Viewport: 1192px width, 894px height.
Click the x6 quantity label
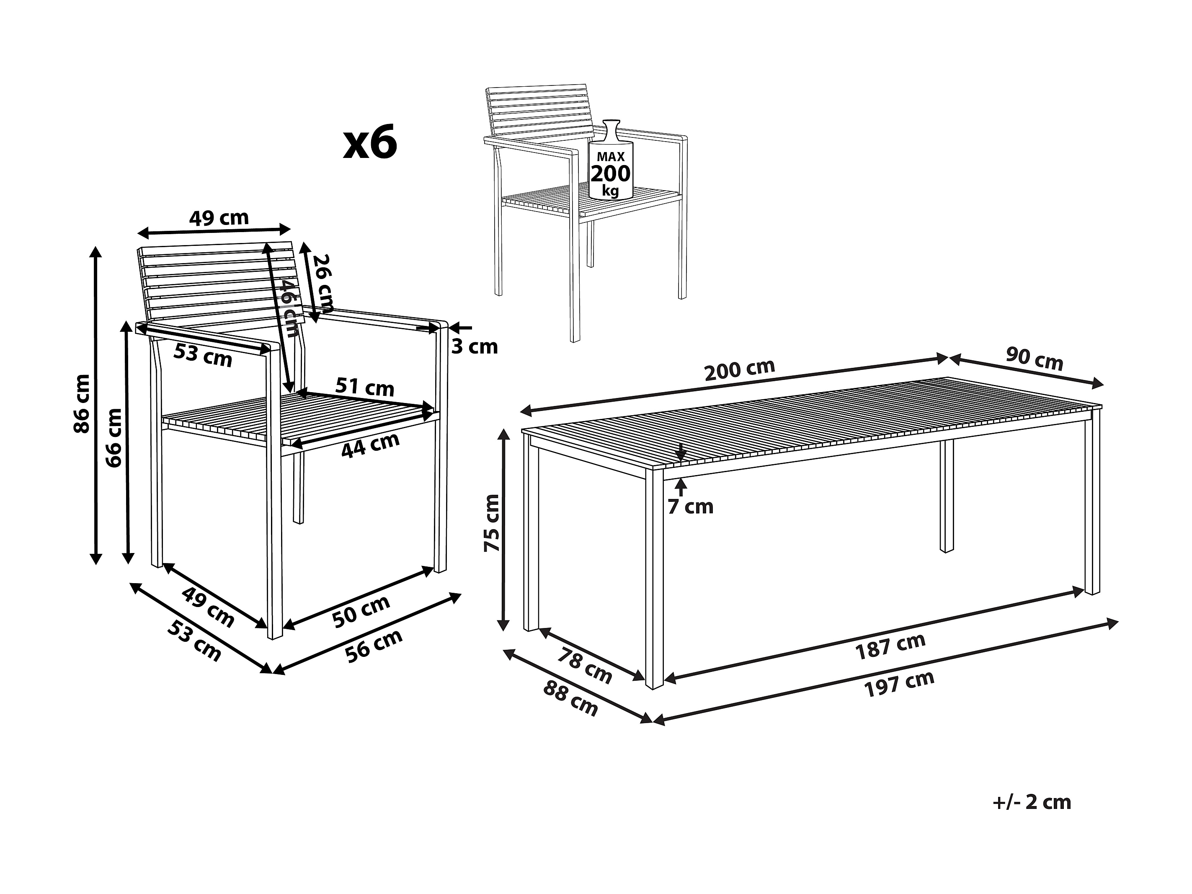point(370,142)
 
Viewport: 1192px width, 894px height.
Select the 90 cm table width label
point(1034,359)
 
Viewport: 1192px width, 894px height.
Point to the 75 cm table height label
point(492,523)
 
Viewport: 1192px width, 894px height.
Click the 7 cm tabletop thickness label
point(690,507)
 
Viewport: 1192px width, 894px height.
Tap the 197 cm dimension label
point(899,683)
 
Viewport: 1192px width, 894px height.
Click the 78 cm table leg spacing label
point(585,666)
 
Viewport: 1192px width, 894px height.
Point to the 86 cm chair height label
point(82,403)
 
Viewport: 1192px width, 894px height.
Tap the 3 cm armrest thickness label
point(474,346)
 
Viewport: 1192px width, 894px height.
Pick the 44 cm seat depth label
point(371,445)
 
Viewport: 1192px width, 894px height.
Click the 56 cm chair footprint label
point(374,646)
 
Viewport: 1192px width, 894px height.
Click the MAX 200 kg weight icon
point(611,160)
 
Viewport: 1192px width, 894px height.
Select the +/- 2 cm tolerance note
point(1032,802)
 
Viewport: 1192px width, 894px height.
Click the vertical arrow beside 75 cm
point(504,529)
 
